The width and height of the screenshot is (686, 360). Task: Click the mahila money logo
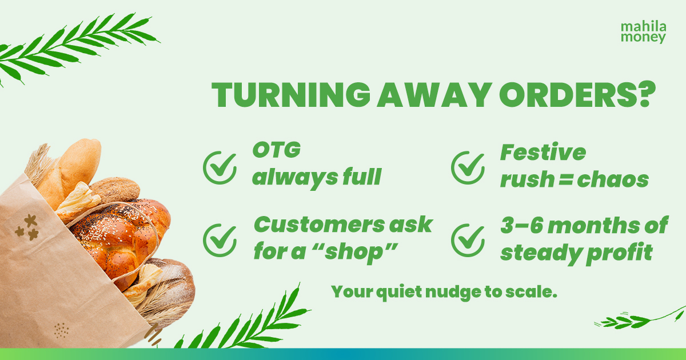pyautogui.click(x=644, y=32)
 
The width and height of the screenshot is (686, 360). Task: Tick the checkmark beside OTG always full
pyautogui.click(x=220, y=168)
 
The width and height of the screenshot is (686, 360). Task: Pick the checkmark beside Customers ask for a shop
pyautogui.click(x=220, y=239)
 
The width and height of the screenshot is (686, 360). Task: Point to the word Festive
pyautogui.click(x=543, y=153)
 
